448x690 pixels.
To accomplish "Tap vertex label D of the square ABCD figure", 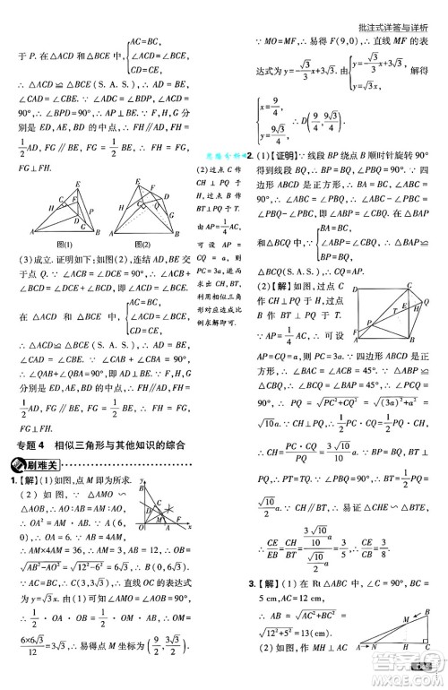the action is (x=357, y=290).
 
